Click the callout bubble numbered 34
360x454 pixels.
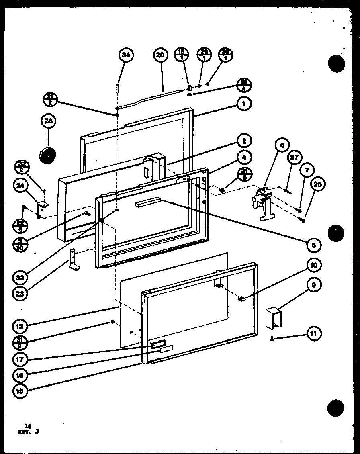(126, 55)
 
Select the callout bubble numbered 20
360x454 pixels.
(160, 55)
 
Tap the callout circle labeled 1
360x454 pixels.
(243, 104)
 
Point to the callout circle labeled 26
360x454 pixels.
(49, 121)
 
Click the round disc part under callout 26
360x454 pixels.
(47, 155)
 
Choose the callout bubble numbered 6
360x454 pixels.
(282, 145)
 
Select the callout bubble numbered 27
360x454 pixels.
(295, 157)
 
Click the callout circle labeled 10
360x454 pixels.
(314, 265)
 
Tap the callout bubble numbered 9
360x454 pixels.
(314, 285)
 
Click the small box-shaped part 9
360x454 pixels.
(274, 317)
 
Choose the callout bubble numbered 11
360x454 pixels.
(314, 333)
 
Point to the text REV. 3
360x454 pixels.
(31, 432)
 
